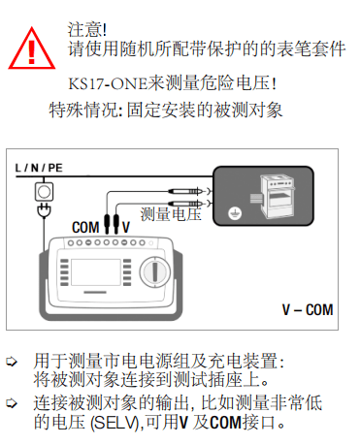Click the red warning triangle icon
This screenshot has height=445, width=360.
click(x=31, y=48)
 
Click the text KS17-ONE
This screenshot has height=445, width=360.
click(x=108, y=84)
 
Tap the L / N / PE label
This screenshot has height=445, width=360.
click(x=39, y=168)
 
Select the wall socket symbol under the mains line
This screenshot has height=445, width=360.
click(x=44, y=192)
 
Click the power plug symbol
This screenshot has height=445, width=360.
click(x=44, y=210)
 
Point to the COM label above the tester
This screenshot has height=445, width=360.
click(x=85, y=227)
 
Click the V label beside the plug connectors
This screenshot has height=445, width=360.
click(x=126, y=227)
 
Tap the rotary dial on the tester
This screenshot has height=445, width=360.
click(x=155, y=271)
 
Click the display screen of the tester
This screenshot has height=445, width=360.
click(x=96, y=271)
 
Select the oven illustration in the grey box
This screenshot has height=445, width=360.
click(x=278, y=197)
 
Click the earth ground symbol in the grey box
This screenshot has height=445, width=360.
click(x=235, y=213)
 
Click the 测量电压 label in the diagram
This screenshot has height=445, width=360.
click(x=171, y=214)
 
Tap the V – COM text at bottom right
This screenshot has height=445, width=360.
click(x=308, y=309)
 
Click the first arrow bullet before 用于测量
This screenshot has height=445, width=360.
click(x=12, y=362)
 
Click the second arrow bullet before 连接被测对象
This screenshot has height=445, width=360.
click(x=12, y=403)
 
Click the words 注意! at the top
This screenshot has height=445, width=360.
click(x=87, y=29)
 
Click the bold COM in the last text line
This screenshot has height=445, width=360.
click(x=225, y=423)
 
